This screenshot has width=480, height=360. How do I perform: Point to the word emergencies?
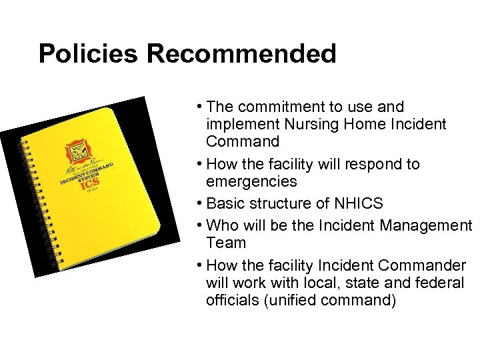point(251,181)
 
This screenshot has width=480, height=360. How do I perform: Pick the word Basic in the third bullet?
point(225,203)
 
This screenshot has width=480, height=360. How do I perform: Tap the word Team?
point(226,243)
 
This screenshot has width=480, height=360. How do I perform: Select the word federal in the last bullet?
point(439,283)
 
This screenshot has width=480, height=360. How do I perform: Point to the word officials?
point(233,300)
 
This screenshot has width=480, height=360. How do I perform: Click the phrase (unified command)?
point(330,300)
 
